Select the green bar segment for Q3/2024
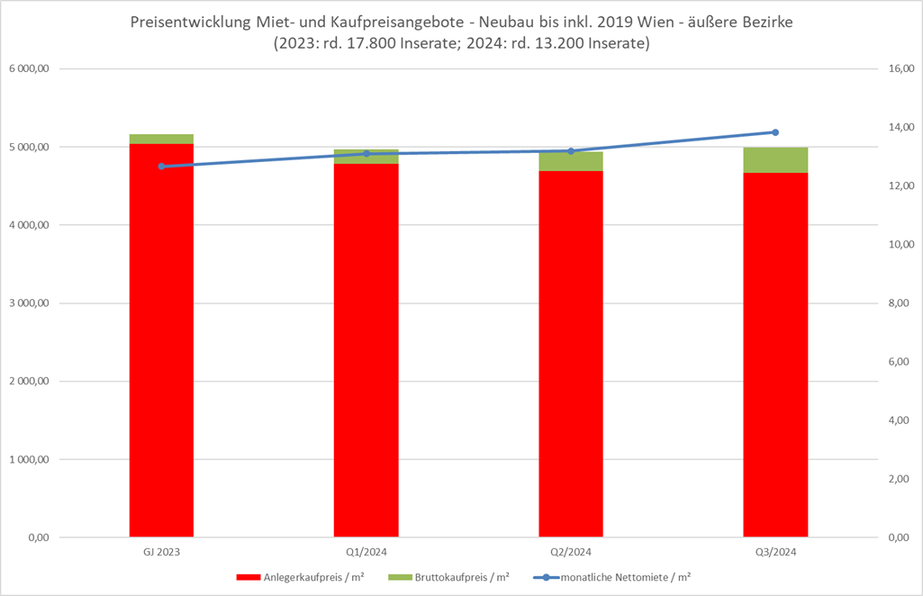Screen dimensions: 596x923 pos(775,159)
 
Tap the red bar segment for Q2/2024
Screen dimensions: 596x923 pos(571,360)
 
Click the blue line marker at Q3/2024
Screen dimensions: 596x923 pos(775,132)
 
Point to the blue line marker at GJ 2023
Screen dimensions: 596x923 pos(161,167)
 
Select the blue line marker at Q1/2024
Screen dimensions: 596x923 pos(366,154)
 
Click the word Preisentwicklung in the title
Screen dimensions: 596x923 pos(186,20)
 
